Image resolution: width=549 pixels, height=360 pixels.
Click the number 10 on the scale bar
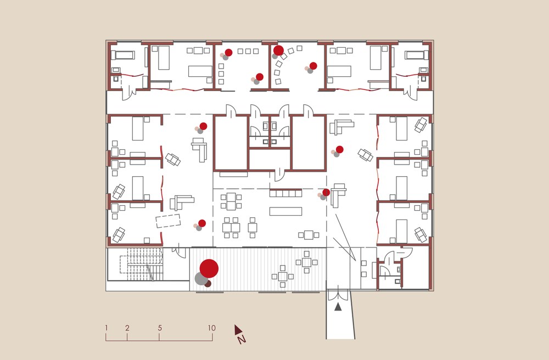click(211, 328)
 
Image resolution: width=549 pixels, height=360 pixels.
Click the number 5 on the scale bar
click(160, 328)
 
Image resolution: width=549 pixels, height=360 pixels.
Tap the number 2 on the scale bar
click(127, 328)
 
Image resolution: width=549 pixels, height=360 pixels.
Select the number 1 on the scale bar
click(106, 328)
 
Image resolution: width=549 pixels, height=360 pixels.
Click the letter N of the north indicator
click(242, 339)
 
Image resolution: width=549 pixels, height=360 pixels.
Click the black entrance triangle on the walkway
click(338, 307)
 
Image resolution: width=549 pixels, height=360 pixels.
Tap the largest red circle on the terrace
click(209, 269)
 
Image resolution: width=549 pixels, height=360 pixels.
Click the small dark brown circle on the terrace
click(208, 283)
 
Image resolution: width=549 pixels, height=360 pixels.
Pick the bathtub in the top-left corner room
click(123, 55)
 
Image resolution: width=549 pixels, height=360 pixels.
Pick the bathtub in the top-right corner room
click(417, 55)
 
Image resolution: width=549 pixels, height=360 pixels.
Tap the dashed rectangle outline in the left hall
click(169, 221)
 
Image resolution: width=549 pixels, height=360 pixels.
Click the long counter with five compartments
click(285, 193)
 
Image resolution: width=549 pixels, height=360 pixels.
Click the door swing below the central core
click(279, 176)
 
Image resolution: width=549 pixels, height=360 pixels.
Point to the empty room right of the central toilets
click(309, 142)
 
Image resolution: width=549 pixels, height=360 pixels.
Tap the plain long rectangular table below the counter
click(285, 211)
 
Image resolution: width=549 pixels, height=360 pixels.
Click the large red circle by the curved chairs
click(278, 50)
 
